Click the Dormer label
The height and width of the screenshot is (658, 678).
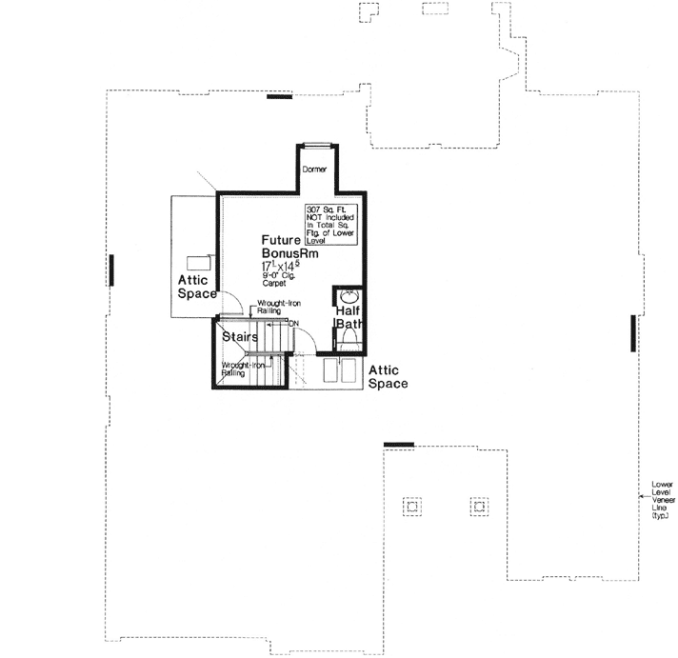[x=313, y=169]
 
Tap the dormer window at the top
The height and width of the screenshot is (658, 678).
[x=316, y=146]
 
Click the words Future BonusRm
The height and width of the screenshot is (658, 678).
[x=289, y=249]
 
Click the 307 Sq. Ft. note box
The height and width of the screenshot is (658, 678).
[x=330, y=225]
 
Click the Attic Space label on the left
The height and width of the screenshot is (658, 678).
[x=197, y=287]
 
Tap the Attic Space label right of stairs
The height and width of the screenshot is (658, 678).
[x=388, y=377]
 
